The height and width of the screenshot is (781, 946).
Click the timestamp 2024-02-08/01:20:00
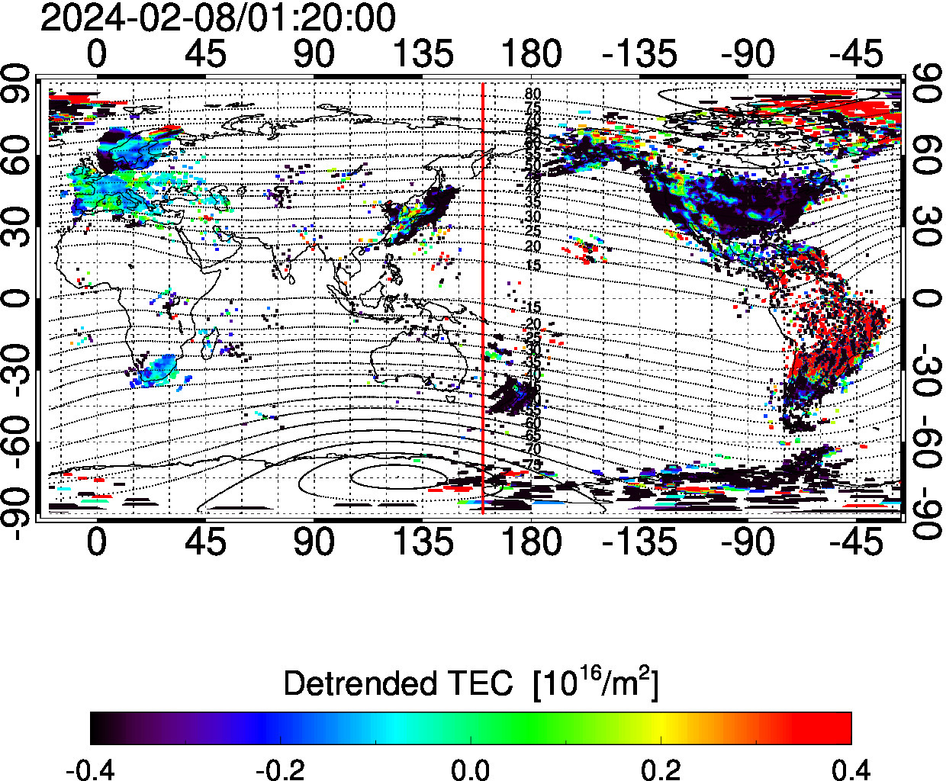(218, 18)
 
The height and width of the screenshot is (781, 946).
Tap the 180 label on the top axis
(531, 54)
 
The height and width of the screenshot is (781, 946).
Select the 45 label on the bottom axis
(205, 542)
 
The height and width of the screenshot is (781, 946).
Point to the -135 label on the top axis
(639, 54)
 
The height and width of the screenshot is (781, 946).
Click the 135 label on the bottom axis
(423, 542)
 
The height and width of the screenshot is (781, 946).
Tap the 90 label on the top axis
(314, 54)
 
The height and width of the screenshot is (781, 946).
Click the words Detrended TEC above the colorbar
(398, 684)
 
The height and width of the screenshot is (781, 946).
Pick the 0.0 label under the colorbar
(471, 769)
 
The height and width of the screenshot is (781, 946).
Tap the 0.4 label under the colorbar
(850, 769)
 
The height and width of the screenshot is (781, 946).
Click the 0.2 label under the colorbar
(661, 769)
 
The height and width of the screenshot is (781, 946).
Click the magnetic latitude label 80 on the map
(533, 94)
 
